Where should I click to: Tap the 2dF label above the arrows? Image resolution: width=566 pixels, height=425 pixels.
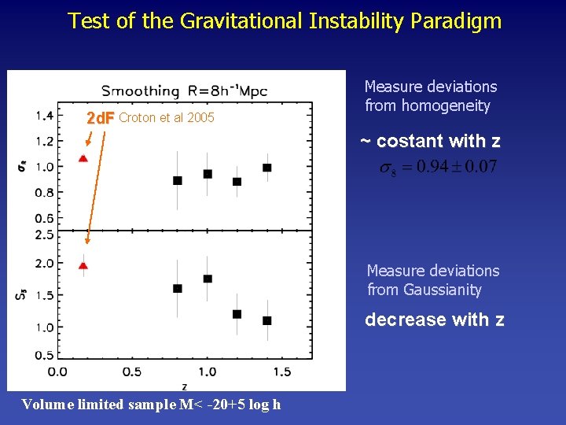tap(100, 119)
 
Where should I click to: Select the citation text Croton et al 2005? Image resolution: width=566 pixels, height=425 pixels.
tap(166, 119)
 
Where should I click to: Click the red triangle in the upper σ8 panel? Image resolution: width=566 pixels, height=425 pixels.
tap(83, 159)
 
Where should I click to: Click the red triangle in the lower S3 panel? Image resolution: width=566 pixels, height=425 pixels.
tap(83, 266)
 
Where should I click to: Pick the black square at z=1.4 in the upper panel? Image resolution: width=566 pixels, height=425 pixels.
tap(267, 168)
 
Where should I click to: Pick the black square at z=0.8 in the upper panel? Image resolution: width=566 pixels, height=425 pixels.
tap(178, 181)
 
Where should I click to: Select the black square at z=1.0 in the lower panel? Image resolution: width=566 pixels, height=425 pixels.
tap(208, 279)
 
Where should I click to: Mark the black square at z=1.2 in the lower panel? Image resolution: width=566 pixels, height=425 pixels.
tap(237, 314)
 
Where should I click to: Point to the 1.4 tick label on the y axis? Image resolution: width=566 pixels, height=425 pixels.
tap(44, 116)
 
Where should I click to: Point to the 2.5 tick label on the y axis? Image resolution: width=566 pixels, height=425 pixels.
tap(44, 235)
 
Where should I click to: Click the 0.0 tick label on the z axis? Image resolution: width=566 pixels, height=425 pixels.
tap(57, 371)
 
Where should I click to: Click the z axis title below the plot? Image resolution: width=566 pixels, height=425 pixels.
tap(184, 386)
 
